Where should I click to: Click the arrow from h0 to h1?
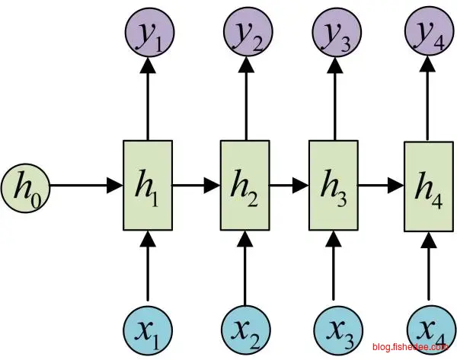click(x=84, y=185)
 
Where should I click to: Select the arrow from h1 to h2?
click(x=197, y=185)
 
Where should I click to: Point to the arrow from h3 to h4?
click(x=380, y=185)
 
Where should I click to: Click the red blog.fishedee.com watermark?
click(x=411, y=347)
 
